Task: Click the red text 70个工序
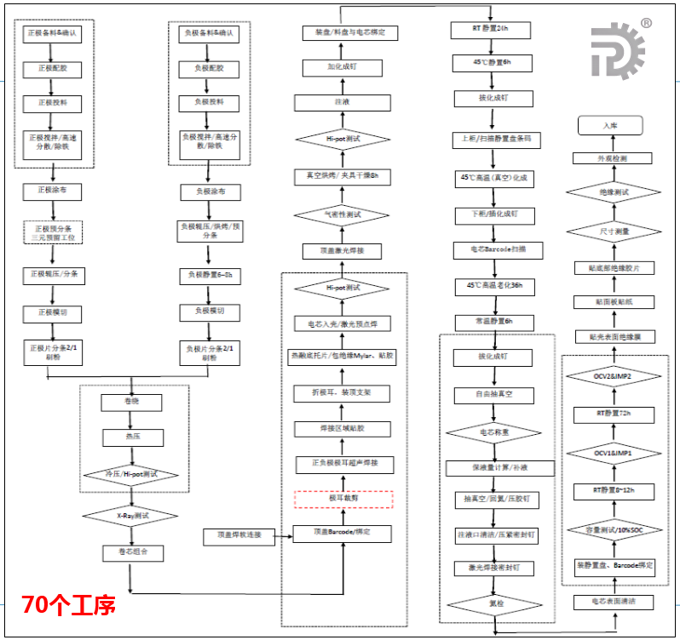[x=68, y=605]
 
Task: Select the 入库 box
[x=610, y=125]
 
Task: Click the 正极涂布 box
[x=52, y=191]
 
